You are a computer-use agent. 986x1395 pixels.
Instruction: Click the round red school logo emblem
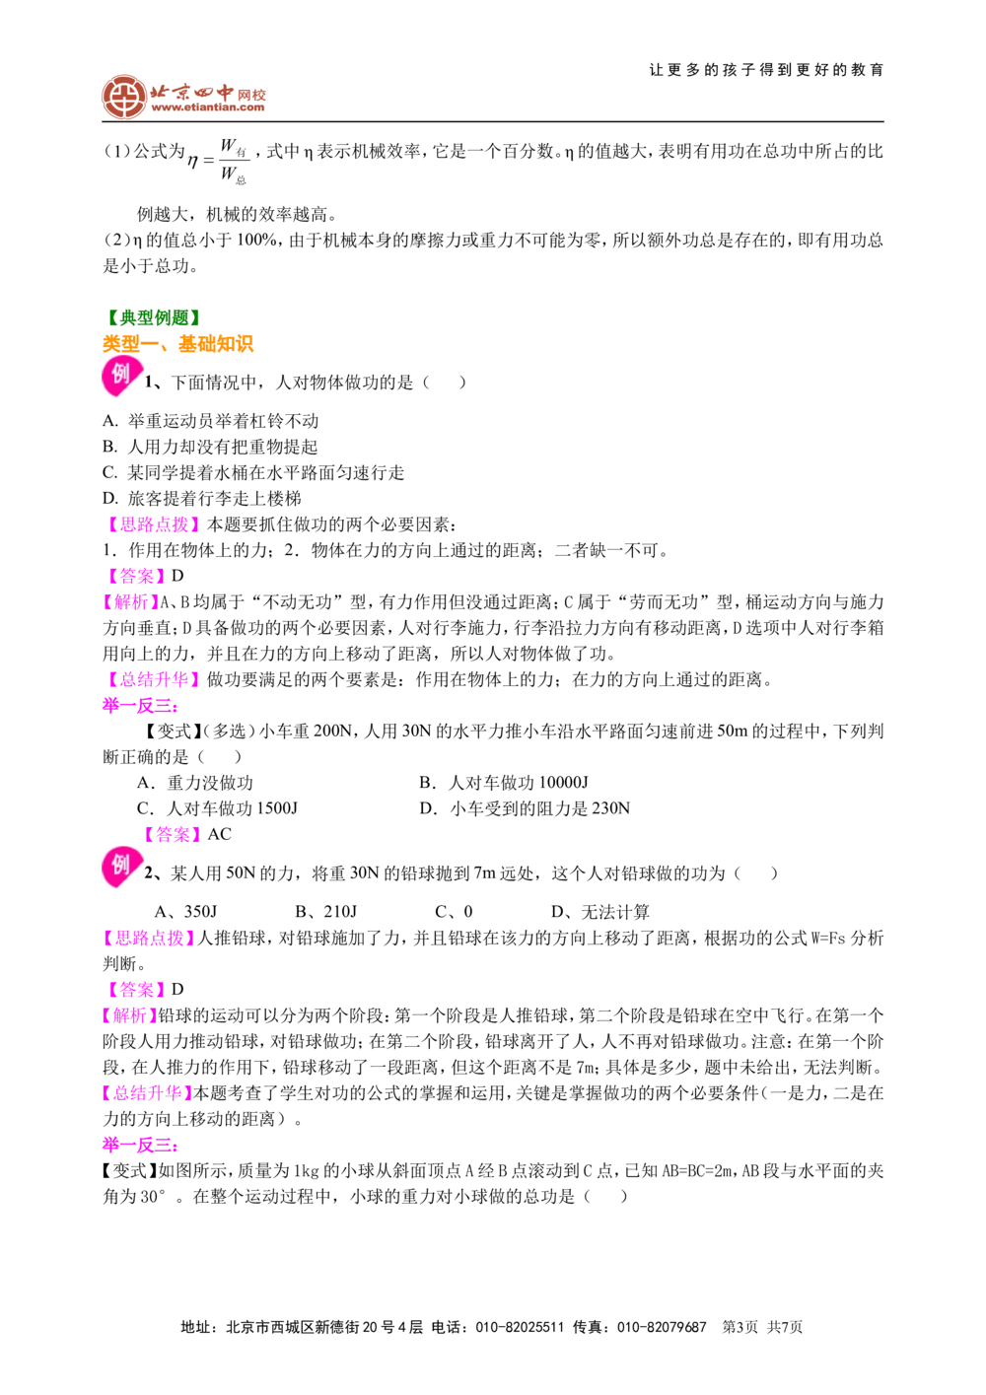point(124,97)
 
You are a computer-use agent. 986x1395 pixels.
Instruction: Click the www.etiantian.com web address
point(208,107)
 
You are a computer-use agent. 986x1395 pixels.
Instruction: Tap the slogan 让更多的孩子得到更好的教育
point(766,70)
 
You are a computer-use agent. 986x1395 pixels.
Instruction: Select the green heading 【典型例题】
point(153,317)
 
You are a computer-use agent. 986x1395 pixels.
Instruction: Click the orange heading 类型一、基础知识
point(178,344)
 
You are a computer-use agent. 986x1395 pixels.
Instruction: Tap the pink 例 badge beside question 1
point(121,377)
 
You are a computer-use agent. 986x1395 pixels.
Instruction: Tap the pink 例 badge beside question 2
point(121,867)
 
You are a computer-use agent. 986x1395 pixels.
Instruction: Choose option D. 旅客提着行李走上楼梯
point(202,498)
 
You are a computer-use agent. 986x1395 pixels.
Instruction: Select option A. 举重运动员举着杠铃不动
point(211,421)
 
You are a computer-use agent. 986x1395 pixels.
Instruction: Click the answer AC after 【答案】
point(219,834)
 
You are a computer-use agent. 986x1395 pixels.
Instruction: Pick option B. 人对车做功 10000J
point(504,783)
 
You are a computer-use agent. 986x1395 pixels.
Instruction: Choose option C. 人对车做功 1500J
point(217,808)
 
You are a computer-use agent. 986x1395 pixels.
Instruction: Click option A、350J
point(186,912)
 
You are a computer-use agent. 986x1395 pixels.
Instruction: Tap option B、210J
point(326,912)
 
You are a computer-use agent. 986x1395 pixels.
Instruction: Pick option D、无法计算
point(600,912)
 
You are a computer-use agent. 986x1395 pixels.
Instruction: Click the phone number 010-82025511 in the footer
point(520,1327)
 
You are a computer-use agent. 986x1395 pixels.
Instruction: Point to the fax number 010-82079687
point(663,1327)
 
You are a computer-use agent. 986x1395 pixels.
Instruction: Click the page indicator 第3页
point(739,1327)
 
